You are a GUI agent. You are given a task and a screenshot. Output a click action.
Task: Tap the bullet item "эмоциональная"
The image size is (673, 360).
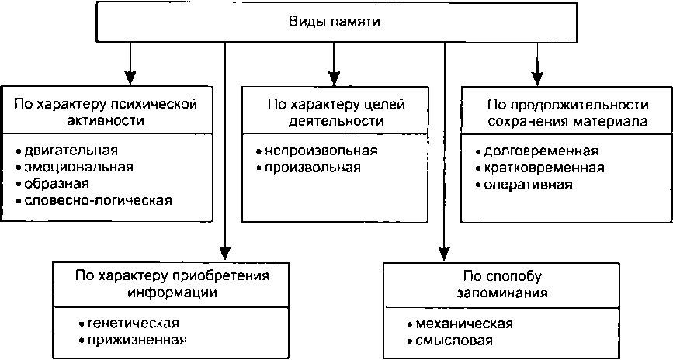74,167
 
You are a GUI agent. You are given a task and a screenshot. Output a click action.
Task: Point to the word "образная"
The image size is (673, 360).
57,184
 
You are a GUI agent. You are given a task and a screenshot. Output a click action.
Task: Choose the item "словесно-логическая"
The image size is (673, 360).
93,201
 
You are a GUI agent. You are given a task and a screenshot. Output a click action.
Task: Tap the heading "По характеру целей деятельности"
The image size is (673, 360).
337,112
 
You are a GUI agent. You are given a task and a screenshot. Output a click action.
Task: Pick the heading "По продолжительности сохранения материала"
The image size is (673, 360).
567,112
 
